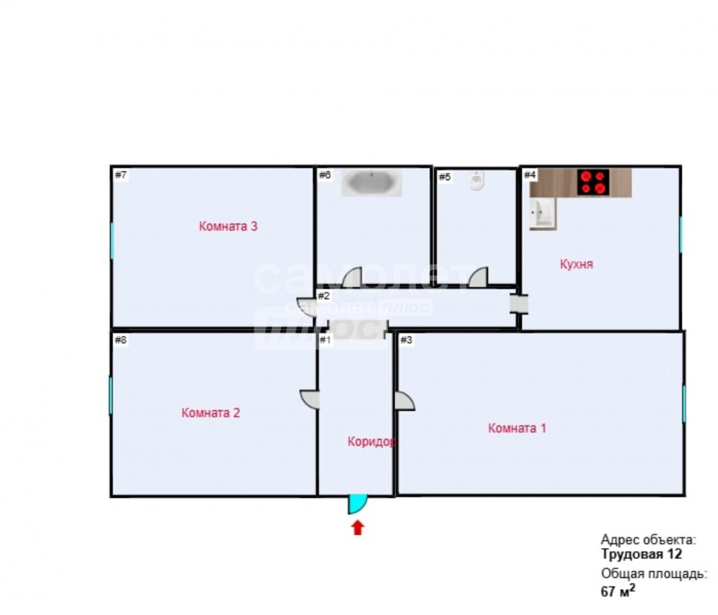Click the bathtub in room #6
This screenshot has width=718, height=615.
pyautogui.click(x=372, y=183)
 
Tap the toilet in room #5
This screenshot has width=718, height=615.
pyautogui.click(x=478, y=181)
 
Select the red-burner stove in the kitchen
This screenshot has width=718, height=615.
pyautogui.click(x=593, y=182)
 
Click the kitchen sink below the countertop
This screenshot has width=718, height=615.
pyautogui.click(x=542, y=214)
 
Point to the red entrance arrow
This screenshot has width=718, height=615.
pyautogui.click(x=357, y=528)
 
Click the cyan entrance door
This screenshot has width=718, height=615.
pyautogui.click(x=357, y=504)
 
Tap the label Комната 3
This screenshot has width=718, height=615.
pyautogui.click(x=228, y=226)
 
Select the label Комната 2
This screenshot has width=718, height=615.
pyautogui.click(x=210, y=413)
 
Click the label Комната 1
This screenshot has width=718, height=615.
pyautogui.click(x=517, y=428)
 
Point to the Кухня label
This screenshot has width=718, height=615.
pyautogui.click(x=577, y=264)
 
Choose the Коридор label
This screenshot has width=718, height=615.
pyautogui.click(x=372, y=442)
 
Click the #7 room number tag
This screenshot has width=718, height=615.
pyautogui.click(x=121, y=175)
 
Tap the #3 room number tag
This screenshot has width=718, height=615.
pyautogui.click(x=406, y=340)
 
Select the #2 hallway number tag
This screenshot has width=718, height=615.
pyautogui.click(x=324, y=296)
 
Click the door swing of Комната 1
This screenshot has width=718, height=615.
pyautogui.click(x=405, y=401)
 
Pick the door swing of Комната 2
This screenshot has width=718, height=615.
pyautogui.click(x=309, y=399)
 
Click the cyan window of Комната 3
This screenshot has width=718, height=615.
pyautogui.click(x=112, y=240)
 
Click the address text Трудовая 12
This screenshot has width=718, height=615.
pyautogui.click(x=642, y=564)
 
